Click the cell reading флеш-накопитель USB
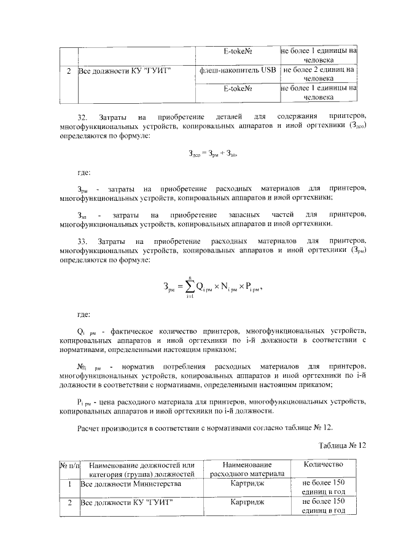(x=238, y=70)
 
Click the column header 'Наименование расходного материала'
(x=247, y=469)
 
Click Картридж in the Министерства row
(x=247, y=484)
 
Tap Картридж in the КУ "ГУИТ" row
(x=247, y=502)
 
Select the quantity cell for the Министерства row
(x=318, y=488)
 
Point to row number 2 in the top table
(x=69, y=71)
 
